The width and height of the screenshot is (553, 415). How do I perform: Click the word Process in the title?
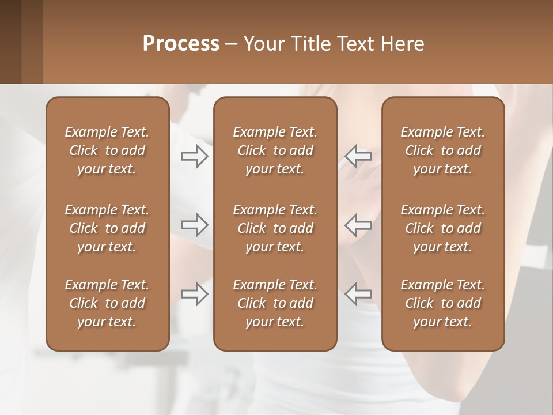coord(181,44)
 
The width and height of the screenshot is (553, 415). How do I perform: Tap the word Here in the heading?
coord(402,44)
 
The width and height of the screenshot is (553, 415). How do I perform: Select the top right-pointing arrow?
coord(194,156)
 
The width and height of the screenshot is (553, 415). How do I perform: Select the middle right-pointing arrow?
coord(194,224)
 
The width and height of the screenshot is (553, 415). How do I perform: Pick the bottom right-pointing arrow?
coord(194,294)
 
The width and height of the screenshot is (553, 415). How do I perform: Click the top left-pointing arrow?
coord(358,156)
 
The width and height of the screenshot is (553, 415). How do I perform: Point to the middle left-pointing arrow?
coord(358,224)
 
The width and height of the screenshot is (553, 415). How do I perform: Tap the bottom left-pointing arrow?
coord(358,294)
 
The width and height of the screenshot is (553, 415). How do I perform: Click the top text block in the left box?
coord(107,150)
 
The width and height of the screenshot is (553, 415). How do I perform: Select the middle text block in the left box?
coord(107,228)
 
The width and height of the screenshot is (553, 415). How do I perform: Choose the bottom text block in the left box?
coord(107,303)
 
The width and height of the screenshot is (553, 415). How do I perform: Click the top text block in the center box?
coord(275,150)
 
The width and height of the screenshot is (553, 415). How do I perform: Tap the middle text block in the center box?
coord(275,228)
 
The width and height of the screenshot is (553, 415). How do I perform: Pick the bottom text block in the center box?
coord(275,303)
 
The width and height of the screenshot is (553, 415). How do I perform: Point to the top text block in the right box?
coord(442,150)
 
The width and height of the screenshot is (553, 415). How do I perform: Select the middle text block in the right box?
coord(442,228)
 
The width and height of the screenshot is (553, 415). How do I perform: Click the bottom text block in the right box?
coord(442,303)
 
